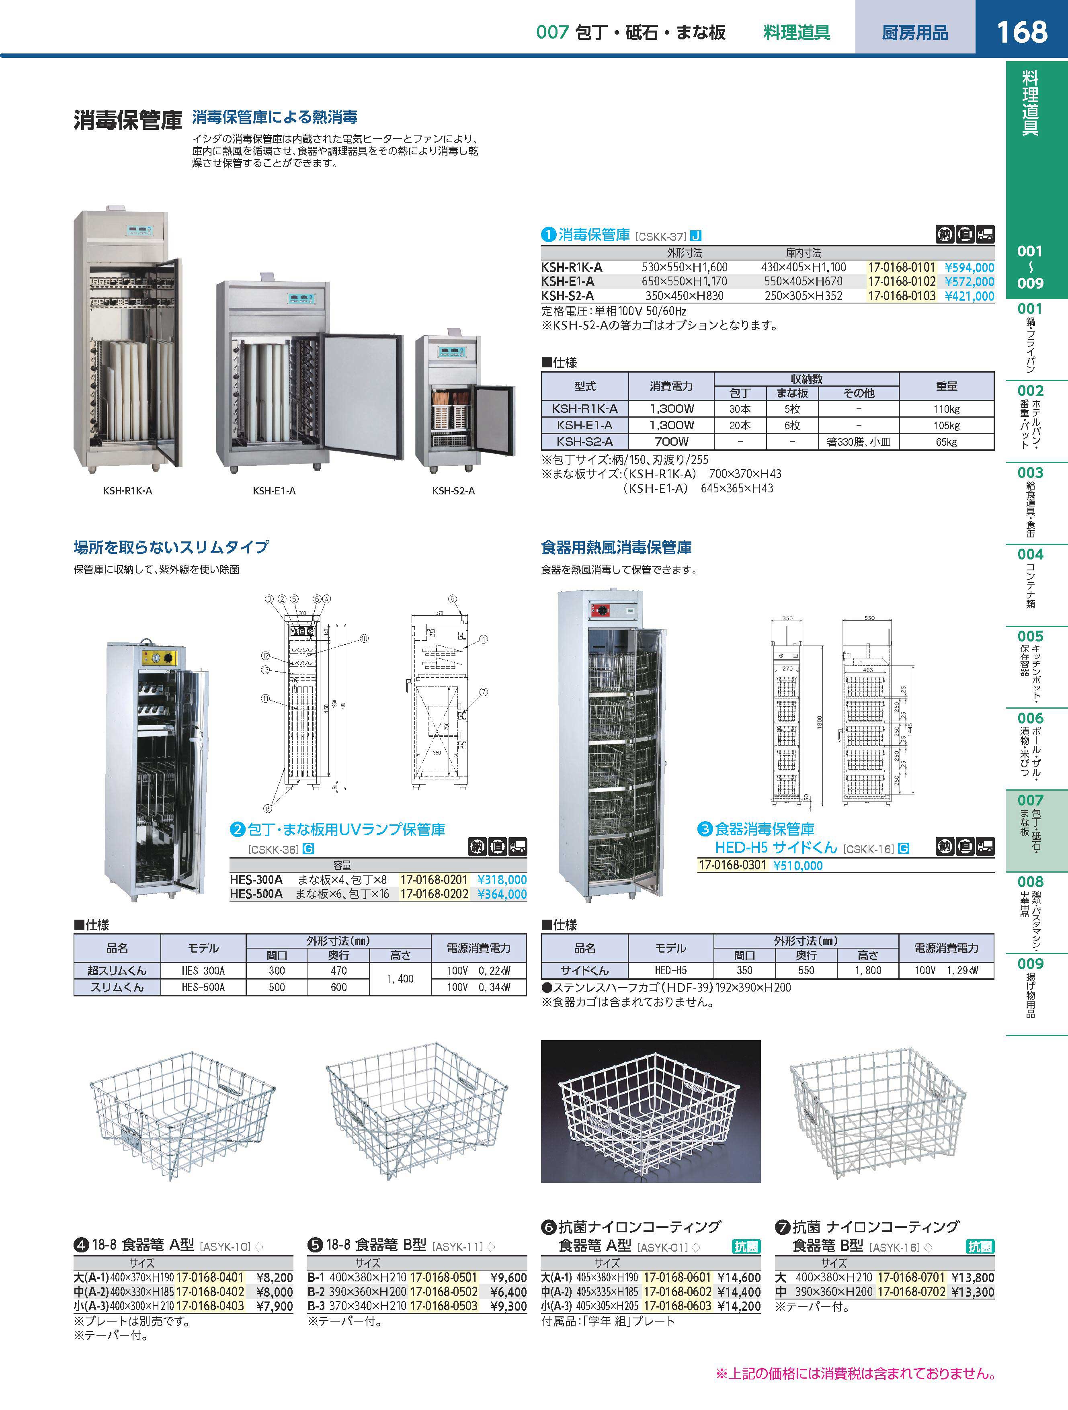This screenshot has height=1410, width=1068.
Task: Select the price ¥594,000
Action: click(x=969, y=268)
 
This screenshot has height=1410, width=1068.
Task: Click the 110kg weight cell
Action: click(x=946, y=409)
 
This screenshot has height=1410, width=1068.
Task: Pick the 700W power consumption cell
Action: click(x=671, y=441)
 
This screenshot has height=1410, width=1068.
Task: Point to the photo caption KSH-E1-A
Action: click(x=274, y=491)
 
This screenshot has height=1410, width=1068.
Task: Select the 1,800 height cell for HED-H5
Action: click(x=868, y=971)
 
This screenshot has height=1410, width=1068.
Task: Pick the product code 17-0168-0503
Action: click(x=443, y=1306)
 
